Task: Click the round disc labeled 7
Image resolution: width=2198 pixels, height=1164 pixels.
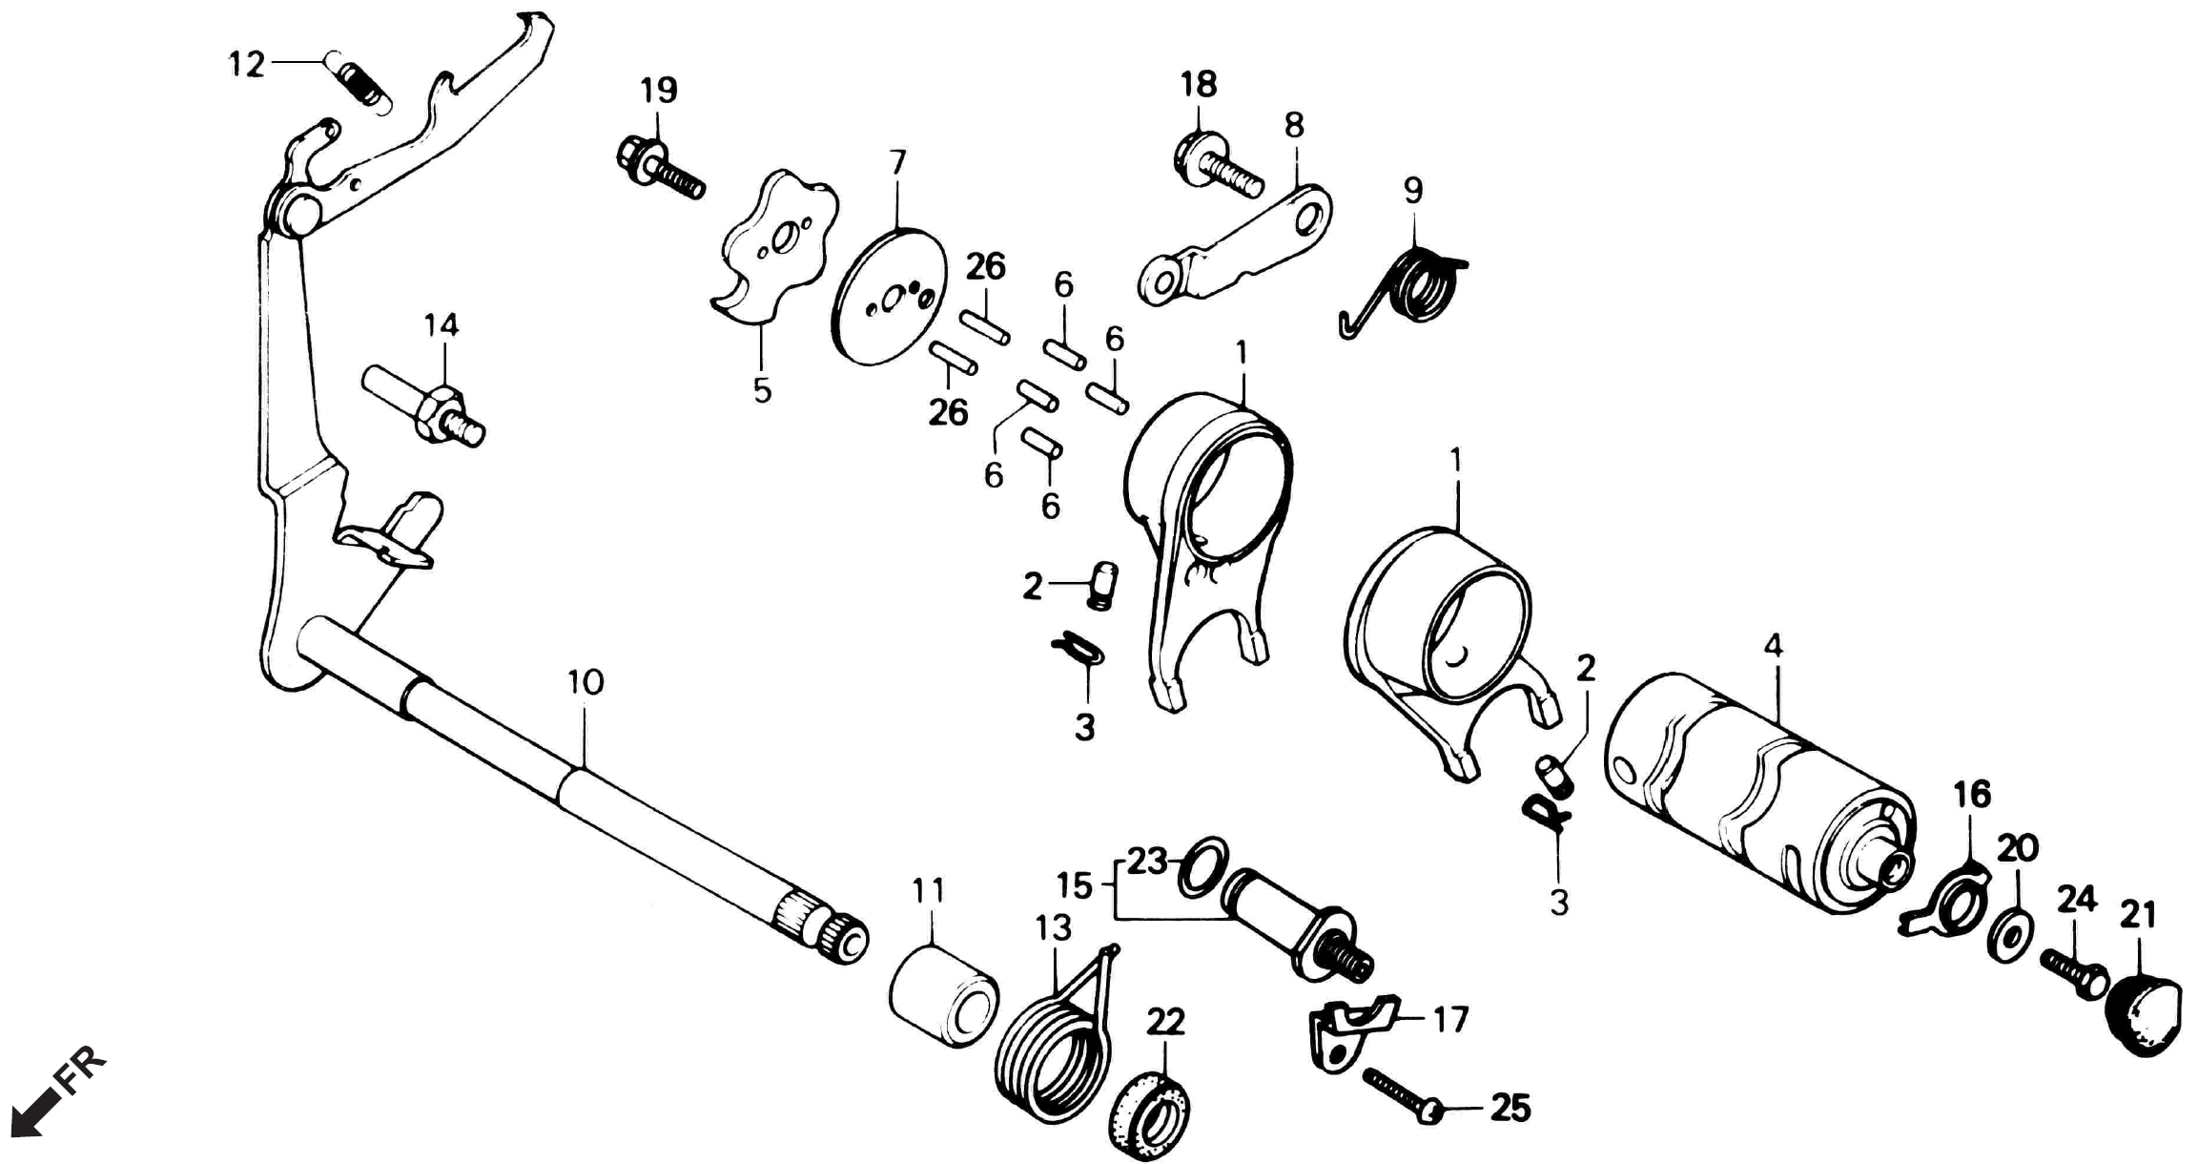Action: coord(889,296)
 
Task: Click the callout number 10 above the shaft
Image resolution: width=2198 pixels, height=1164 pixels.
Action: coord(585,682)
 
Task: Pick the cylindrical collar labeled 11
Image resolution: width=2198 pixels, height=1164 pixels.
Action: coord(944,996)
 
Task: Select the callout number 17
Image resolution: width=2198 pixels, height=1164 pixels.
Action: coord(1449,1020)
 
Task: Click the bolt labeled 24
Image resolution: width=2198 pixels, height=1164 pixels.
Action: coord(2075,973)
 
